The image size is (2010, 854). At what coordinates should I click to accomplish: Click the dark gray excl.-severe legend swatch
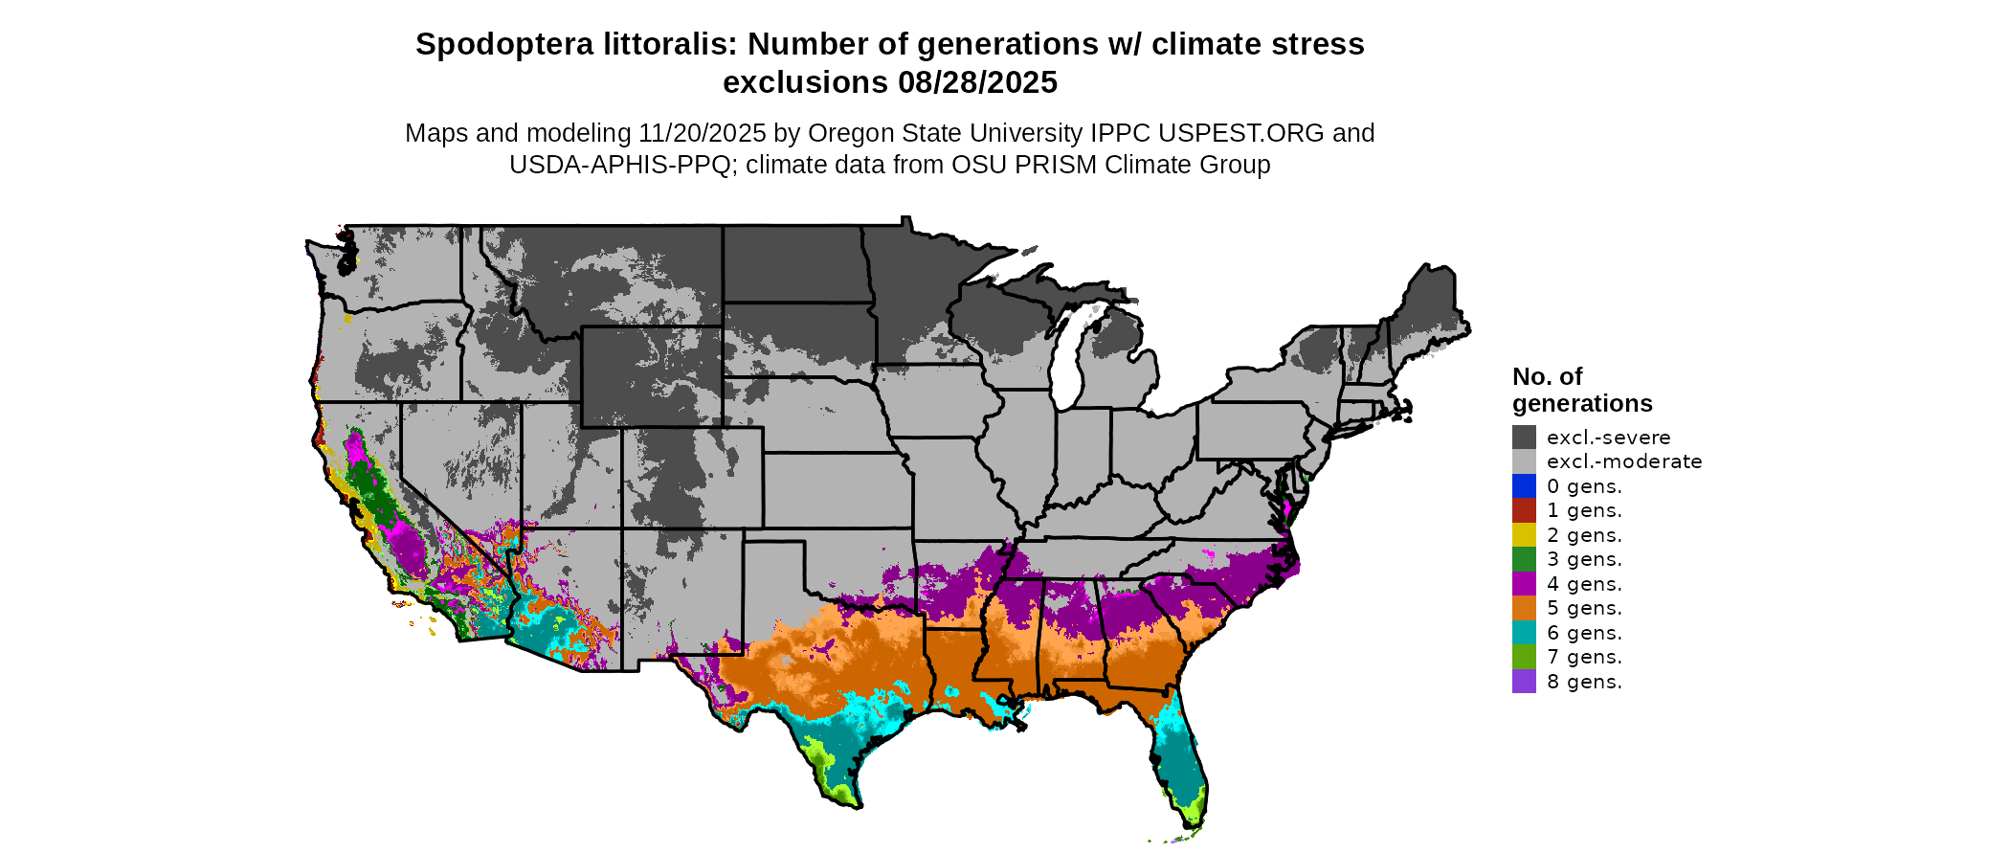point(1524,438)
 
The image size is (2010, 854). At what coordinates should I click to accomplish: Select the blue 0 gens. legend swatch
point(1524,486)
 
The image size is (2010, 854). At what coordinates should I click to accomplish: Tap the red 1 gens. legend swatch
point(1524,510)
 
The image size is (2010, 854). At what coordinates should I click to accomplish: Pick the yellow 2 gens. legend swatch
point(1524,535)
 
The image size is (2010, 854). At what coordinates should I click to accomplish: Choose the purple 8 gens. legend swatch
point(1524,682)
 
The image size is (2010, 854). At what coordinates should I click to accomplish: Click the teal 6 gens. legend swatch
point(1524,633)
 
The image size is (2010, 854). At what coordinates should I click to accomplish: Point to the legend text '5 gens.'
point(1584,608)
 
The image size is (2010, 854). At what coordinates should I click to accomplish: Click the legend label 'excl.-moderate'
point(1624,461)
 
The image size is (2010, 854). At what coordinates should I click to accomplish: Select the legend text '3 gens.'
point(1584,559)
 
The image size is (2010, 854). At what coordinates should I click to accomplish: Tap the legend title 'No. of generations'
point(1581,390)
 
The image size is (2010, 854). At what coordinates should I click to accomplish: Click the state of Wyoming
point(651,376)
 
